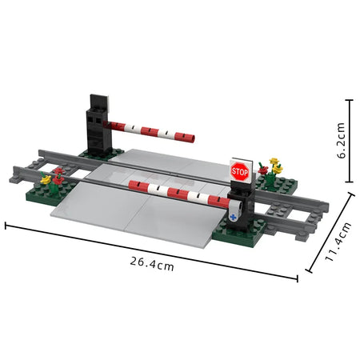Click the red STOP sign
(x=240, y=170)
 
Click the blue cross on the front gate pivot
(x=233, y=214)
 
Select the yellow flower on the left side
(x=46, y=180)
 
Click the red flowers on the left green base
(x=58, y=174)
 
